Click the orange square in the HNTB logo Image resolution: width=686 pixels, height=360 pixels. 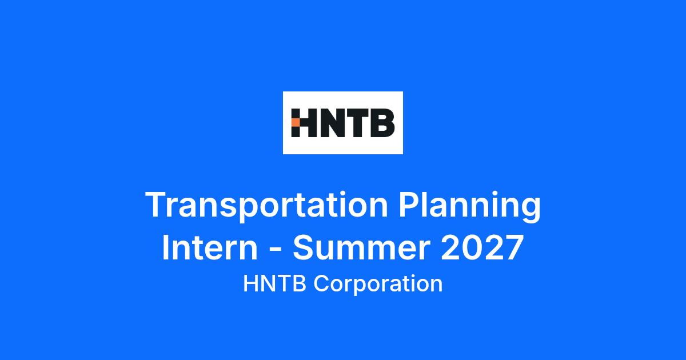coord(295,122)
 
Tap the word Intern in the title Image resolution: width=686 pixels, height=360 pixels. coord(210,247)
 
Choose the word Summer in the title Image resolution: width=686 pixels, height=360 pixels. coord(361,247)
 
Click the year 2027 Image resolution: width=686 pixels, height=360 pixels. coord(482,247)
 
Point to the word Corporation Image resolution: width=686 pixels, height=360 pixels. coord(378,285)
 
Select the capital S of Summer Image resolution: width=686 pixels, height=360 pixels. coord(304,247)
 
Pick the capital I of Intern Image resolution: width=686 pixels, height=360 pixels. coord(165,247)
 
